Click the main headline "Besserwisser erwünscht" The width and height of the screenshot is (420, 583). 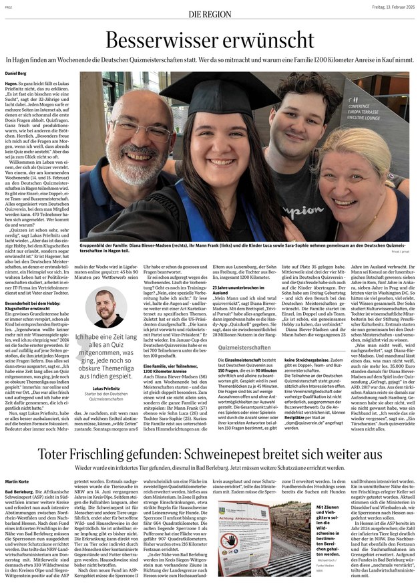[210, 40]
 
